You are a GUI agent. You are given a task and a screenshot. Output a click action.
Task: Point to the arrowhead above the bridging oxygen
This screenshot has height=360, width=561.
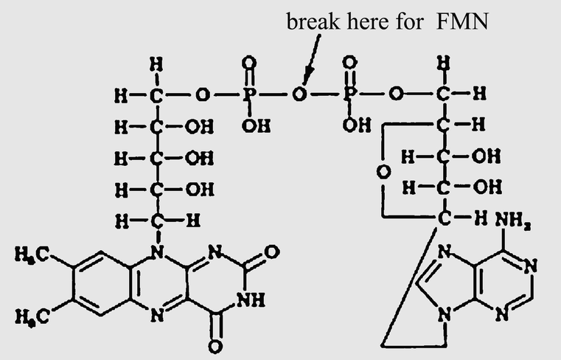click(305, 78)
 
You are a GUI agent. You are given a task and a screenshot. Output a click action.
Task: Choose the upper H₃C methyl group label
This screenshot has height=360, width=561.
click(30, 255)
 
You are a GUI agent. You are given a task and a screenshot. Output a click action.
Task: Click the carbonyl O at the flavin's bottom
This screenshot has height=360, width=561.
click(215, 345)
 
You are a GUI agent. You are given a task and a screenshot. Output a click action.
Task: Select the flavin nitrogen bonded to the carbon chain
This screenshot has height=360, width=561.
click(156, 252)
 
